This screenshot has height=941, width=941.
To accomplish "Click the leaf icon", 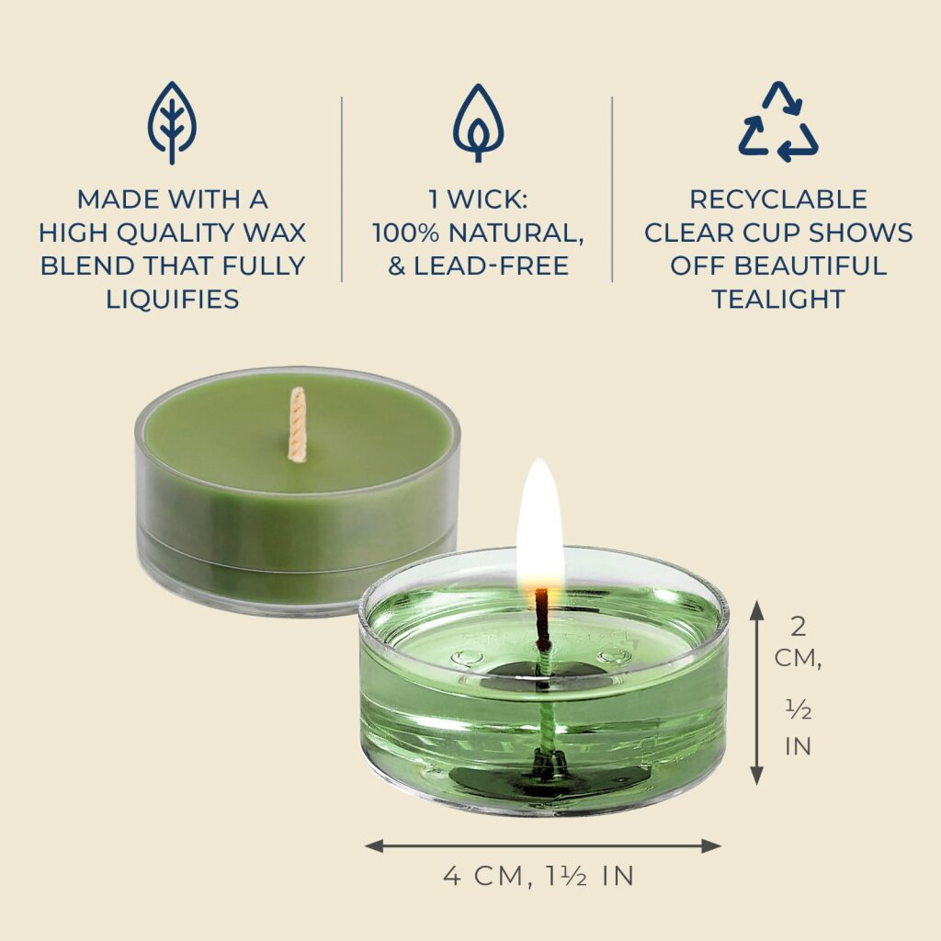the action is coord(172,122).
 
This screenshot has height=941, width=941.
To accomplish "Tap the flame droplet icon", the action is coord(478,122).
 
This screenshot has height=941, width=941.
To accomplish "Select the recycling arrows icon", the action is coord(778,121).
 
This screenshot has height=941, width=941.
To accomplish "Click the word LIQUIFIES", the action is coord(173,299).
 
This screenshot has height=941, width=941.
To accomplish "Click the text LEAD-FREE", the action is coord(492,266).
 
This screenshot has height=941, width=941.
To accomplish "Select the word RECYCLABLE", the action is coord(778,199).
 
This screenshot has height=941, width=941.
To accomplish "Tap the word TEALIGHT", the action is coord(778,299).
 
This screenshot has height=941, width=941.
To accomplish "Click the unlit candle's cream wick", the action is coord(297,425).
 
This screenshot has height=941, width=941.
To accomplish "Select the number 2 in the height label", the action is coord(799,627).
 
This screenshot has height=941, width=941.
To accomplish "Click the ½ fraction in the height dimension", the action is coord(799,710).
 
